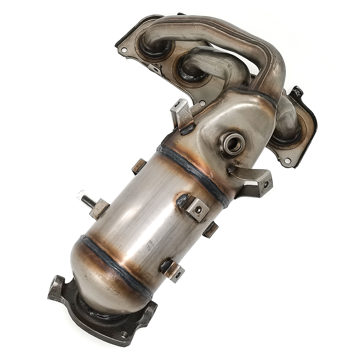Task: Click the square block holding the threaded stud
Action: coord(99,209)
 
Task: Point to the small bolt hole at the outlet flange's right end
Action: coord(124,334)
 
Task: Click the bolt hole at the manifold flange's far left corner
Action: coord(124,50)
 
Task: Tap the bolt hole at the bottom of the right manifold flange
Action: coord(287,161)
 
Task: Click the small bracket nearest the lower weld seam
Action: coord(173,270)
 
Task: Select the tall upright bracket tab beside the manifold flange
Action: coord(182,113)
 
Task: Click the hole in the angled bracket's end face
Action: coord(266,185)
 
